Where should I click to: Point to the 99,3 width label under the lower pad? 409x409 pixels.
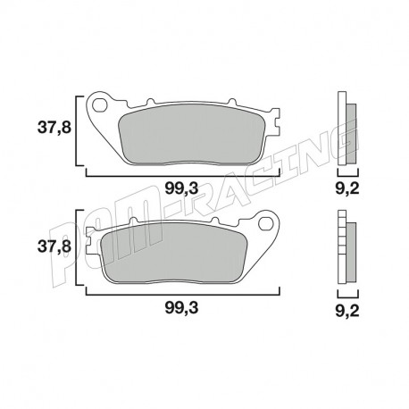pyautogui.click(x=182, y=306)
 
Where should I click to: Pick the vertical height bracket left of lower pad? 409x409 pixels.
pyautogui.click(x=81, y=248)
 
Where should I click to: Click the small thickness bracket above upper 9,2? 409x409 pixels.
pyautogui.click(x=346, y=173)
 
